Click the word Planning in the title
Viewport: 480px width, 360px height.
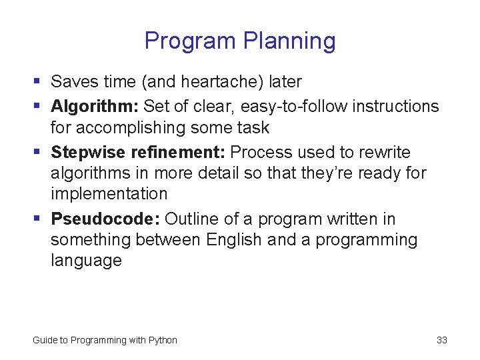(289, 41)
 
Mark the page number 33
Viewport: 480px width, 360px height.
(441, 340)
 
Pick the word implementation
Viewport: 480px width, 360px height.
(109, 194)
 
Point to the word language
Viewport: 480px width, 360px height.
(86, 261)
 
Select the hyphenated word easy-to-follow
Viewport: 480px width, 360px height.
(294, 107)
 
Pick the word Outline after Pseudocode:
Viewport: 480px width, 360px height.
(189, 219)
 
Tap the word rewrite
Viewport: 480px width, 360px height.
(385, 153)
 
